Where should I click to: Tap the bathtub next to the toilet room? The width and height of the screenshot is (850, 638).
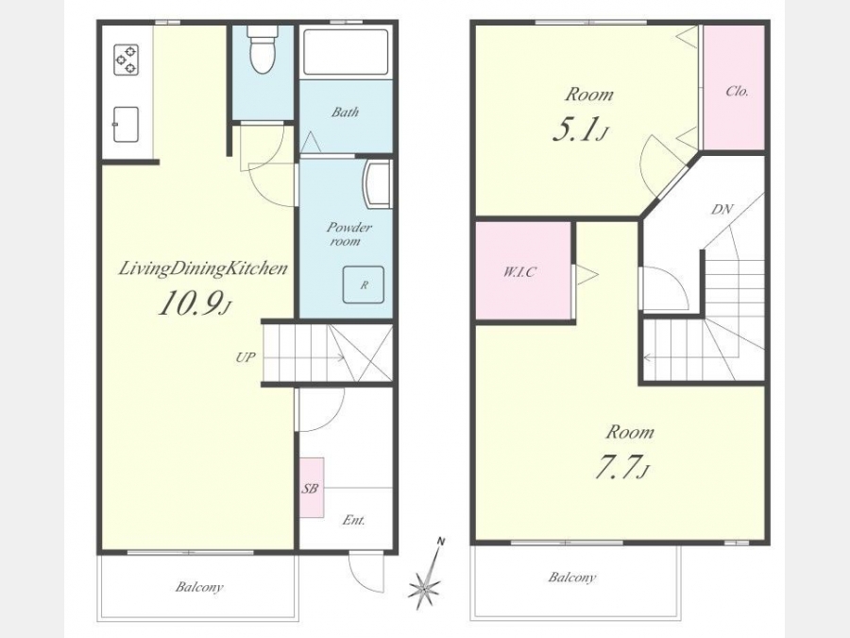pos(346,52)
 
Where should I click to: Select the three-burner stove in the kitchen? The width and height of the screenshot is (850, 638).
pos(126,60)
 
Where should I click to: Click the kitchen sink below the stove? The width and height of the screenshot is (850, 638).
pos(126,124)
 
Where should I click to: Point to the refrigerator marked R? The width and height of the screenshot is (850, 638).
pos(364,285)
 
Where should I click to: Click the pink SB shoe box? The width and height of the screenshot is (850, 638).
pos(312,488)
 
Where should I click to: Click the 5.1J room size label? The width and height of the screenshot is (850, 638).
pos(579,130)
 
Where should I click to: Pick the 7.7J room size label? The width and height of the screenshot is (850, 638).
pos(621,468)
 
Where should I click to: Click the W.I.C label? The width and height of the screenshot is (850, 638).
pos(519,271)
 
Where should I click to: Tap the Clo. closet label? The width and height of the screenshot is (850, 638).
pos(737,91)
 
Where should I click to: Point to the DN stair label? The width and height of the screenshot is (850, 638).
pos(722,209)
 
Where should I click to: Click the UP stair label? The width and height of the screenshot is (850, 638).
pos(245,357)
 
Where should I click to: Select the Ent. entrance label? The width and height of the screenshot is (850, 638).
pos(353,520)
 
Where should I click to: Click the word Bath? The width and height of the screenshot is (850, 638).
pos(346,112)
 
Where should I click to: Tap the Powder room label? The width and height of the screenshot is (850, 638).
pos(349,233)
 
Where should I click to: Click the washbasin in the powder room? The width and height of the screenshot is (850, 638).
pos(378,184)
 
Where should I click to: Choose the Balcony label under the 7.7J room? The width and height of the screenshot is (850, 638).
pos(572,577)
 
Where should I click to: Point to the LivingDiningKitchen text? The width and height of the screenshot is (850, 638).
pos(203,269)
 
